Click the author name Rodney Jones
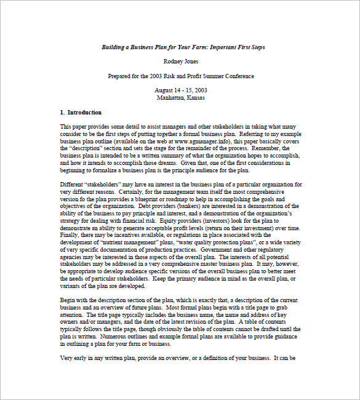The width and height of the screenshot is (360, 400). [180, 62]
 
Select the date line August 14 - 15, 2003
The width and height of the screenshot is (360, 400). [180, 90]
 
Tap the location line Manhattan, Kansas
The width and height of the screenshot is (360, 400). [180, 97]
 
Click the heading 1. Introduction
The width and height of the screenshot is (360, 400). [81, 113]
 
